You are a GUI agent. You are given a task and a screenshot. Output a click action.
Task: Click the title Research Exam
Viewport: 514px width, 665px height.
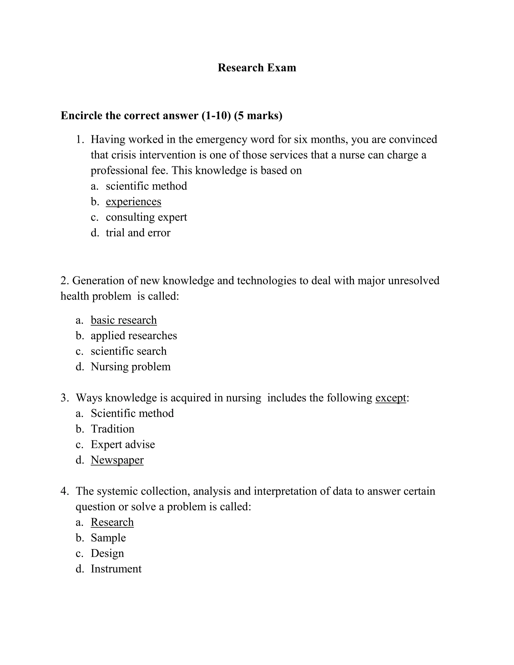[x=257, y=68]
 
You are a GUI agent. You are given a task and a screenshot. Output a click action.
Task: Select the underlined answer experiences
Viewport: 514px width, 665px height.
[x=133, y=202]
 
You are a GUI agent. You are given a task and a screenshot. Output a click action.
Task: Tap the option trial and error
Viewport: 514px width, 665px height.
[x=138, y=233]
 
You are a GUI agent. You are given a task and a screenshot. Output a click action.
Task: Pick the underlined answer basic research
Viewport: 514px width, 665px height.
[x=124, y=320]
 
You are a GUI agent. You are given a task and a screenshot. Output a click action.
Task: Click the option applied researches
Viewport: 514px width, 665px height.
[x=134, y=336]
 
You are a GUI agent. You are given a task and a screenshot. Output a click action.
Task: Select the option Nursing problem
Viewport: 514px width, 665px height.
[x=131, y=367]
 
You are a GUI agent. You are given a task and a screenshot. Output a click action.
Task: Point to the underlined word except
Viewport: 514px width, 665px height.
[x=391, y=398]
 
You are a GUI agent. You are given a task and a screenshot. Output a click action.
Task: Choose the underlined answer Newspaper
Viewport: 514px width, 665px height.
[x=117, y=460]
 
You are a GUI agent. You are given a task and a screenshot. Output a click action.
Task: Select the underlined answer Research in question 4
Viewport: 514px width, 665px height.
[x=112, y=522]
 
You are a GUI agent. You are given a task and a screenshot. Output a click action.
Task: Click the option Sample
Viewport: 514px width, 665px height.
[x=108, y=538]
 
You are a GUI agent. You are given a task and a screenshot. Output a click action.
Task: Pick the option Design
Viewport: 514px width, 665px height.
[x=107, y=553]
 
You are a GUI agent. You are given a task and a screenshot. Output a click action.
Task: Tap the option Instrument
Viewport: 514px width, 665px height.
[x=116, y=569]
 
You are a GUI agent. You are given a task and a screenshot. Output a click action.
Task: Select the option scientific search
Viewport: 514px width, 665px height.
[x=128, y=351]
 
